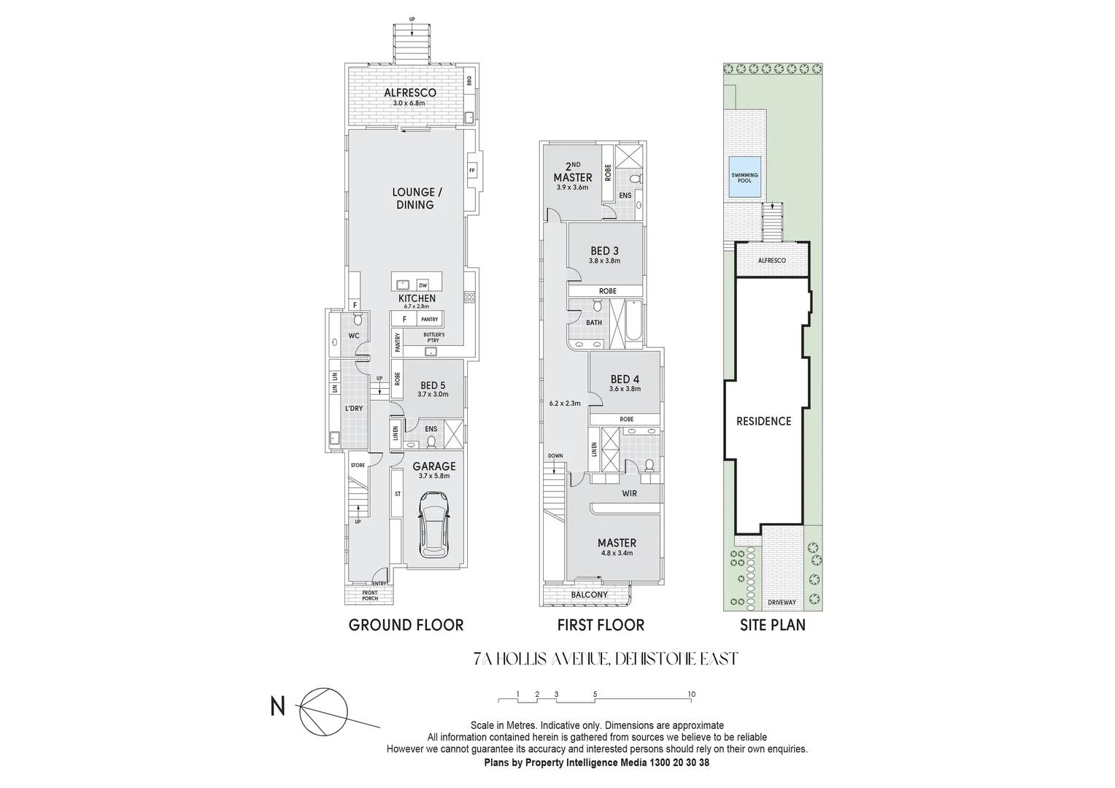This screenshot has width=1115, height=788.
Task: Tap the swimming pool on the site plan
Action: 745,177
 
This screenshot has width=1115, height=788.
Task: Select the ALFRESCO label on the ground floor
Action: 410,93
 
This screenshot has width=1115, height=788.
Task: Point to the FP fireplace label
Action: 472,171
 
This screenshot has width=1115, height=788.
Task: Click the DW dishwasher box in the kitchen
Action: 423,285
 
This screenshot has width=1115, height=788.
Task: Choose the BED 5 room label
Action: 433,385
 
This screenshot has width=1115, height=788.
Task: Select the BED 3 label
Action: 604,251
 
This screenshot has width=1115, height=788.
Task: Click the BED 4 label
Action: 625,379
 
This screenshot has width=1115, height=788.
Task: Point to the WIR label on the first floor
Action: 630,494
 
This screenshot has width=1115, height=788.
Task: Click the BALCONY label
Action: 589,595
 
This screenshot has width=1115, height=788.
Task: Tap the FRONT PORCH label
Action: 370,595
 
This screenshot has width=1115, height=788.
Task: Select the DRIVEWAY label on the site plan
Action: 782,603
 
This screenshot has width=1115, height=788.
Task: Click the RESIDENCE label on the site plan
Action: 763,421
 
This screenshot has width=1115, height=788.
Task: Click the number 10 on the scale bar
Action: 691,694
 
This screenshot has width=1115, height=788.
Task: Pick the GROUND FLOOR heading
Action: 406,625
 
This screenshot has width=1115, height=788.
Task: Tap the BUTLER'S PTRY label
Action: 433,337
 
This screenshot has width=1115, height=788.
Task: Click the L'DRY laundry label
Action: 353,408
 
